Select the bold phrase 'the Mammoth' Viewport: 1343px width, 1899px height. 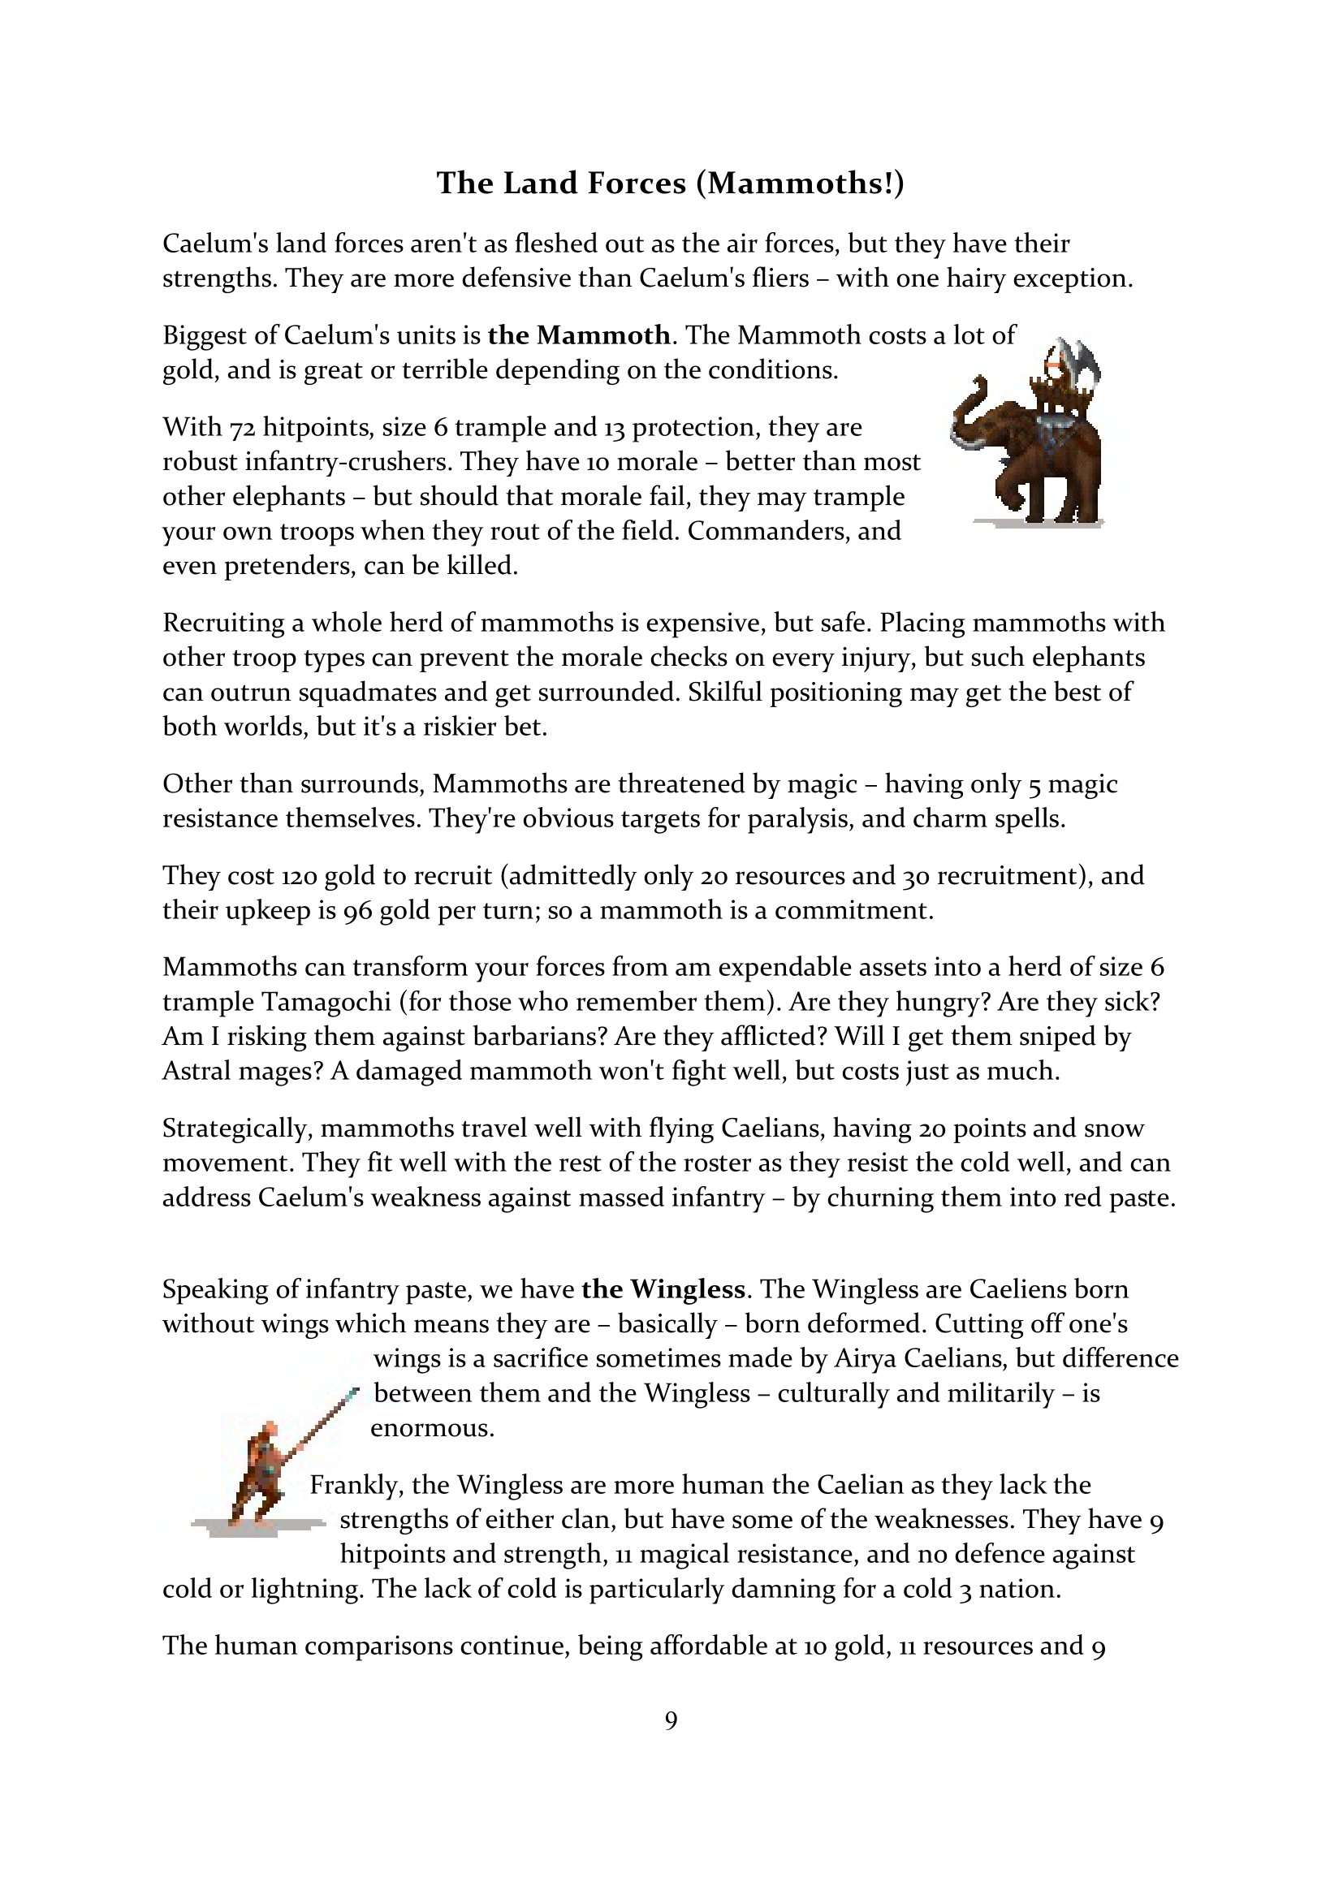579,335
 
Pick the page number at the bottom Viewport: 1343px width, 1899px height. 671,1720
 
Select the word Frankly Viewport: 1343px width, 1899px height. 353,1486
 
